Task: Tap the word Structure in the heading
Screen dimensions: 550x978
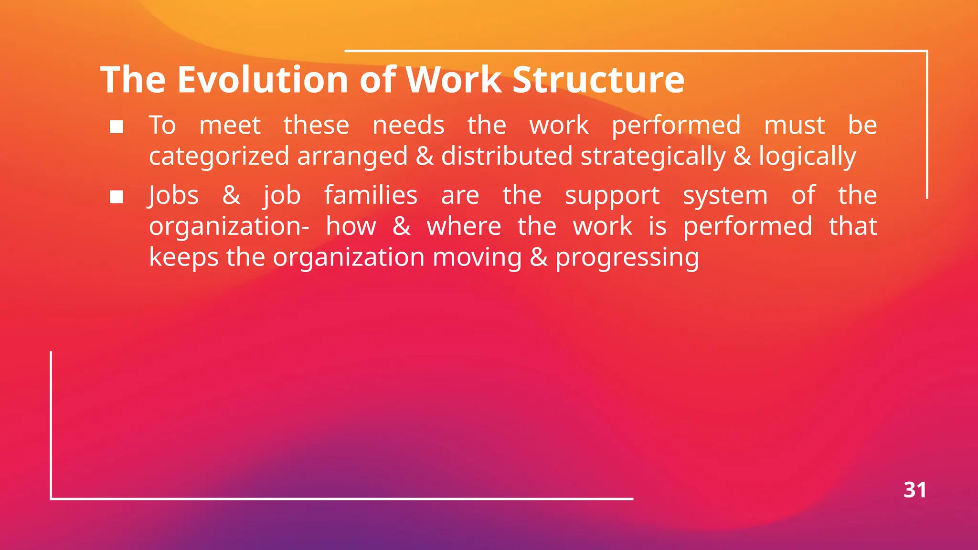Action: coord(598,79)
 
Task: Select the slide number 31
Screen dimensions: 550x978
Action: coord(914,490)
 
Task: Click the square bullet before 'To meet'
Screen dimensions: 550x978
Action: coord(117,127)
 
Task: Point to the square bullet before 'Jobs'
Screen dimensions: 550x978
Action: coord(117,197)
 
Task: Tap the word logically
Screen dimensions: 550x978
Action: coord(808,157)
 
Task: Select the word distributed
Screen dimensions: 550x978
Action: coord(506,157)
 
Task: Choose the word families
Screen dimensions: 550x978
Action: coord(371,196)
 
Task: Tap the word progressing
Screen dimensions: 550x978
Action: coord(627,258)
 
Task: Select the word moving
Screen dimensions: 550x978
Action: coord(477,258)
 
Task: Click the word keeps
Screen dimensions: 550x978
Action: coord(184,258)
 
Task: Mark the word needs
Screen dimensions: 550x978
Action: coord(408,126)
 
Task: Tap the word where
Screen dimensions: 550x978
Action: coord(464,226)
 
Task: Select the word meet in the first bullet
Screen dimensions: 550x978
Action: coord(230,126)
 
